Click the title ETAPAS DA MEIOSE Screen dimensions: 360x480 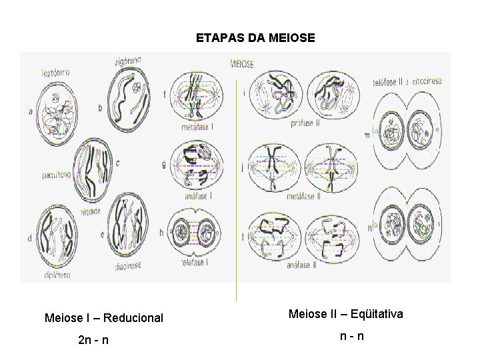pos(255,39)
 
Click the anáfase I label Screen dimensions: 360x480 pos(197,197)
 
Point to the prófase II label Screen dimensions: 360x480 pos(306,124)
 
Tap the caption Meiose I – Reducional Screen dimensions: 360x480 pos(103,318)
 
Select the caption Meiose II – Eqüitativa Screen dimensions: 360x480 pos(345,313)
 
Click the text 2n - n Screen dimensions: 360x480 pos(93,341)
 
